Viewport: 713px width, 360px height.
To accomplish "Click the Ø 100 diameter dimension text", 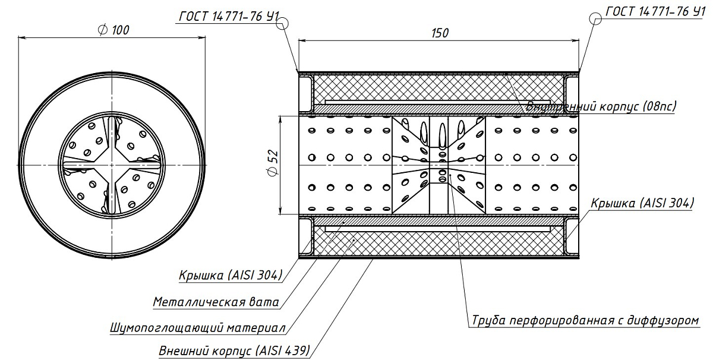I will point(112,30).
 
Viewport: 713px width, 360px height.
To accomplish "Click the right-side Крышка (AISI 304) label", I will point(642,203).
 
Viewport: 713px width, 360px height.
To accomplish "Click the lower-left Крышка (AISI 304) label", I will point(231,275).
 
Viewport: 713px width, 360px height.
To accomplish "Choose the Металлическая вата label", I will point(216,302).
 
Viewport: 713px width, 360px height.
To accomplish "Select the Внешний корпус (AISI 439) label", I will point(234,350).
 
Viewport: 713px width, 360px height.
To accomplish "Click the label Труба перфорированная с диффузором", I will point(586,321).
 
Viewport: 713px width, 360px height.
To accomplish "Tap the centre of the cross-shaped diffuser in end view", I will point(112,164).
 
